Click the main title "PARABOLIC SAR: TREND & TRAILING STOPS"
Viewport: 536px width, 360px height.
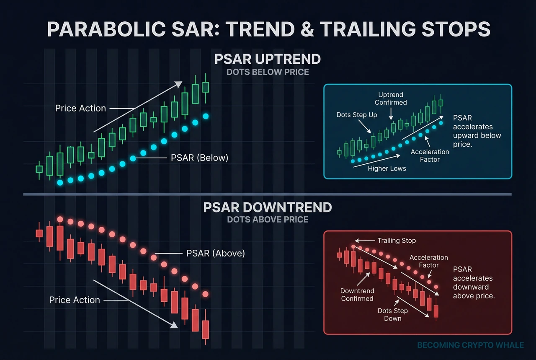tap(268, 29)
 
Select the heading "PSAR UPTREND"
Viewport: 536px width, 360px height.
tap(268, 59)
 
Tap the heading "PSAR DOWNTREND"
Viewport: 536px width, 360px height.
tap(268, 207)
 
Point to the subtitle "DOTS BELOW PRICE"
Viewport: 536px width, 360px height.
tap(268, 72)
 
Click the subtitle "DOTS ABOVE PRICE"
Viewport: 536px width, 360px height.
tap(268, 219)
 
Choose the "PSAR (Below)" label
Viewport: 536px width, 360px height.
tap(199, 158)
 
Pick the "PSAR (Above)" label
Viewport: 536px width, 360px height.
tap(215, 254)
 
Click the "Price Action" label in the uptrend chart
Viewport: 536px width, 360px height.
tap(80, 108)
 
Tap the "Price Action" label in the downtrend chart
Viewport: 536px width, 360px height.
tap(75, 300)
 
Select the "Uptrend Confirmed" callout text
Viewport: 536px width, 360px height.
tap(391, 98)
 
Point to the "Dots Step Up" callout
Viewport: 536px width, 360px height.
tap(357, 115)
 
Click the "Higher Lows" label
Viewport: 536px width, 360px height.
tap(387, 168)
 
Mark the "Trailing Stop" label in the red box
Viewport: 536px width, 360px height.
tap(397, 241)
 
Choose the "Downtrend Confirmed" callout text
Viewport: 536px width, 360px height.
tap(357, 295)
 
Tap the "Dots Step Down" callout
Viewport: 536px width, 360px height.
tap(392, 314)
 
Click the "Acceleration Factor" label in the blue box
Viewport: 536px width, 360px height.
tap(430, 155)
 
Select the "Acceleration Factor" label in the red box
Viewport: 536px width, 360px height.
tap(428, 261)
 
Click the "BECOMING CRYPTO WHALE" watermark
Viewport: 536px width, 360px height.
tap(470, 345)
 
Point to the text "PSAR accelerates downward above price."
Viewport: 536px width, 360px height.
tap(474, 282)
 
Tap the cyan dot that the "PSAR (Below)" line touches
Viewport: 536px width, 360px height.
tap(133, 158)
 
